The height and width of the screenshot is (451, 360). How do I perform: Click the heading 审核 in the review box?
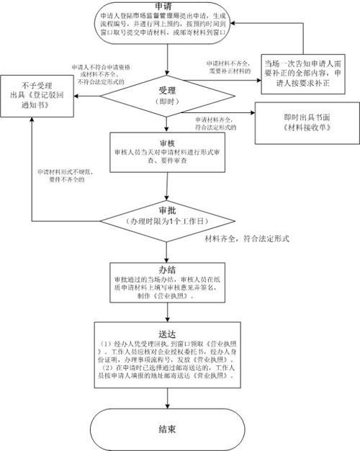[x=167, y=143]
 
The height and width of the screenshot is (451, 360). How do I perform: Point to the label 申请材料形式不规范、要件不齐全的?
[x=68, y=177]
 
